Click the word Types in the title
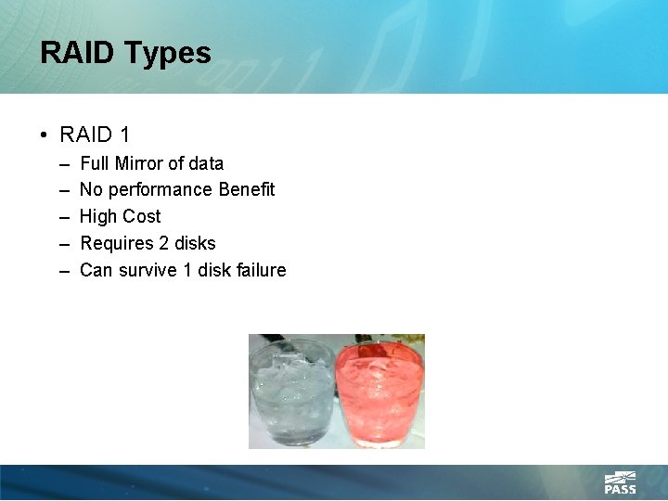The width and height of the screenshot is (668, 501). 171,54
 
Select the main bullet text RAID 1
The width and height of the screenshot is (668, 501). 95,135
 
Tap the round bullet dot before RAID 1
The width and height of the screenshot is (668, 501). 45,135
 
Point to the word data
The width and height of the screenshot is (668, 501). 205,163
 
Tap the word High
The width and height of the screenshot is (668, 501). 98,216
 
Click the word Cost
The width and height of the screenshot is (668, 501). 141,216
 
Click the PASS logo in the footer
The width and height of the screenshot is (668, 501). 620,483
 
